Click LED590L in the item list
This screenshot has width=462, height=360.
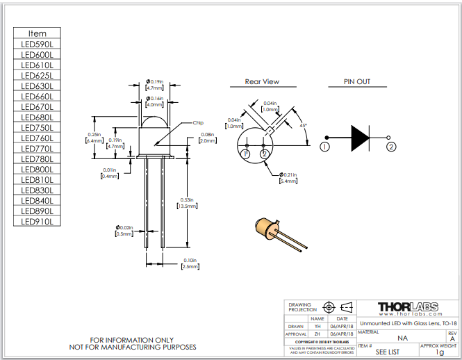38,44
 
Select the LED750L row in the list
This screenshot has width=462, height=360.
38,128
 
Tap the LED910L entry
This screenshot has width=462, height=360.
38,222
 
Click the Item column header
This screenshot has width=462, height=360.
38,33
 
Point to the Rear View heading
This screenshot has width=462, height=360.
262,82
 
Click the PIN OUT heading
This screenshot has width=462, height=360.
357,82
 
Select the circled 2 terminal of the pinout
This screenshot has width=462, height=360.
392,147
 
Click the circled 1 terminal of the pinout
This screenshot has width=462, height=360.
324,147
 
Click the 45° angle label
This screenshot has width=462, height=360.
303,126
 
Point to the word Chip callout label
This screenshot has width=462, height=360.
197,122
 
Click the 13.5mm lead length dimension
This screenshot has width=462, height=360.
188,206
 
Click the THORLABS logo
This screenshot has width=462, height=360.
409,308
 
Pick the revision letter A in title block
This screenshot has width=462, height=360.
452,339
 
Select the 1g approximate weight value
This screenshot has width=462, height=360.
439,352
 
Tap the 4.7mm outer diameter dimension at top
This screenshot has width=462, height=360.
154,88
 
